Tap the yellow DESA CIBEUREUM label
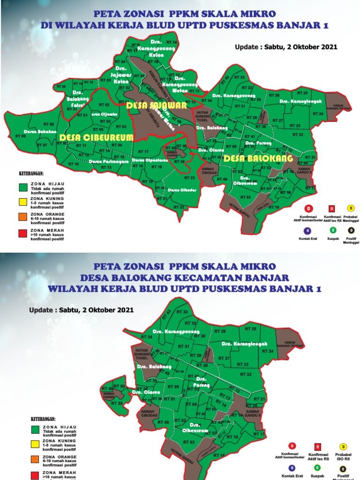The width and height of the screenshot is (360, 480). [97, 137]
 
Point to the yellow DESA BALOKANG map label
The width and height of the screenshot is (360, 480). [258, 158]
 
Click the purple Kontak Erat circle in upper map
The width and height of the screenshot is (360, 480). [307, 230]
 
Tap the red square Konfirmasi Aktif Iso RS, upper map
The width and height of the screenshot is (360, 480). [331, 209]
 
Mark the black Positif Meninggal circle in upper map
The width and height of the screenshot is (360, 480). [351, 230]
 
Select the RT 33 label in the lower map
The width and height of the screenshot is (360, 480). [182, 312]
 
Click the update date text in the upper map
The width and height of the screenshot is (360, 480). [286, 47]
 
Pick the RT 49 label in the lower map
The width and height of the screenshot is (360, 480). [164, 422]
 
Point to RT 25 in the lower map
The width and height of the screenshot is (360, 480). [251, 329]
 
